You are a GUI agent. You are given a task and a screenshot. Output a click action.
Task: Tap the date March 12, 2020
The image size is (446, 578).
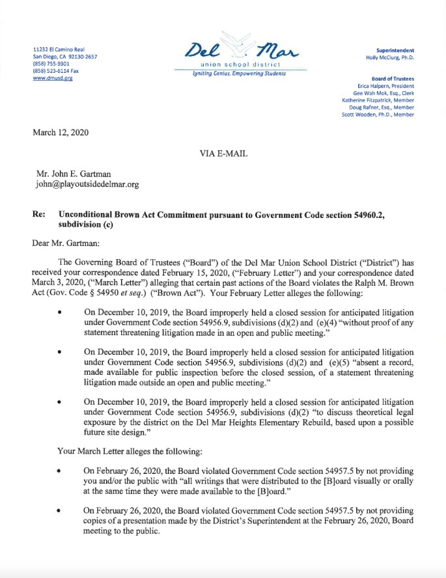tap(61, 133)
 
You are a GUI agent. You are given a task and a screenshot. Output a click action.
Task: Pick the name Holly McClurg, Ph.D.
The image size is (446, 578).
tap(390, 57)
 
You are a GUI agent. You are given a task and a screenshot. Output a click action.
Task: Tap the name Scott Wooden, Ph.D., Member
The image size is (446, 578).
tap(378, 115)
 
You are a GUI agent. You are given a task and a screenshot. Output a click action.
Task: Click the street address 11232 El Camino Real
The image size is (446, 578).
tap(59, 49)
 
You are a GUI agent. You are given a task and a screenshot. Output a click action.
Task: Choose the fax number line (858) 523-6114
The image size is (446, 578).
tap(56, 71)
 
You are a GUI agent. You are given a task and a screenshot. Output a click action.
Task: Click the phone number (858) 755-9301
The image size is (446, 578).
tap(51, 64)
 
